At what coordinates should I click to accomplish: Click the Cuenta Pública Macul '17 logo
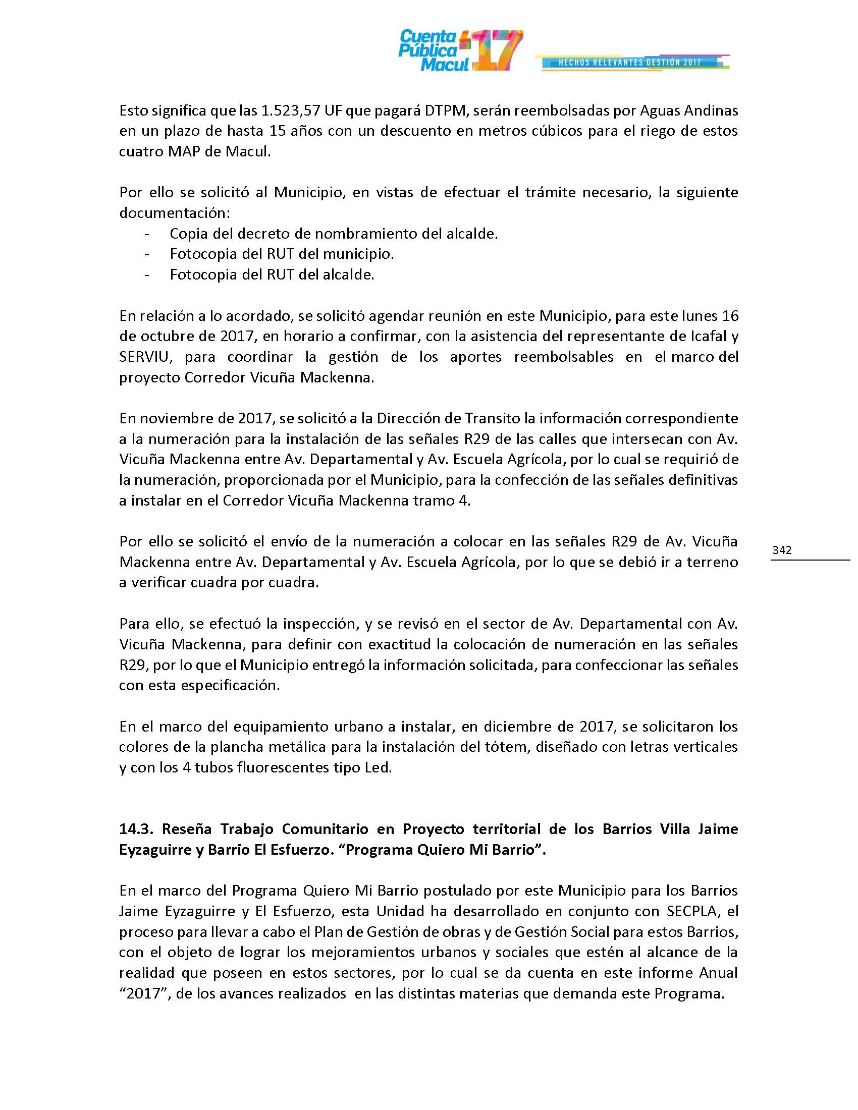460,50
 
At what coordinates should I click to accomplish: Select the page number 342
782,550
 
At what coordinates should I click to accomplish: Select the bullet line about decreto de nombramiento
334,234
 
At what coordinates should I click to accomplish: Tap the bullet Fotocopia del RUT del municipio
282,254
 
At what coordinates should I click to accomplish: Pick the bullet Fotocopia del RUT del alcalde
272,274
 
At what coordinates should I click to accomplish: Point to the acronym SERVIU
146,357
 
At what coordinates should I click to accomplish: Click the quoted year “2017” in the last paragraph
144,993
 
